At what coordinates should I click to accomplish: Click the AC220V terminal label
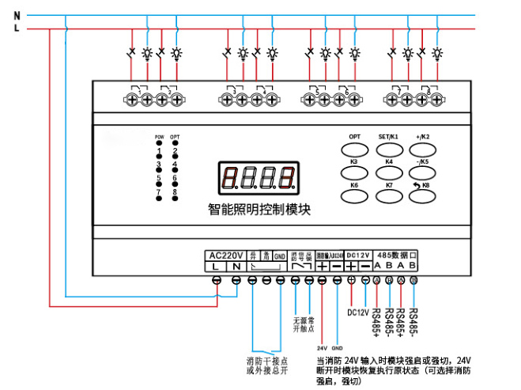click(225, 256)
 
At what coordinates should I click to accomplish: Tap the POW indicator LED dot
click(158, 145)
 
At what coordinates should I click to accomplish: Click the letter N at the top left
click(17, 15)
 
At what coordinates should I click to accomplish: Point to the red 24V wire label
click(323, 347)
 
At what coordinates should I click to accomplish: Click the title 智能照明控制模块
click(260, 210)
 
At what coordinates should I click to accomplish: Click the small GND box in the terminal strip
click(279, 256)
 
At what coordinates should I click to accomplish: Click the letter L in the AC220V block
click(215, 268)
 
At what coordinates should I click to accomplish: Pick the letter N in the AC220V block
click(236, 268)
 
